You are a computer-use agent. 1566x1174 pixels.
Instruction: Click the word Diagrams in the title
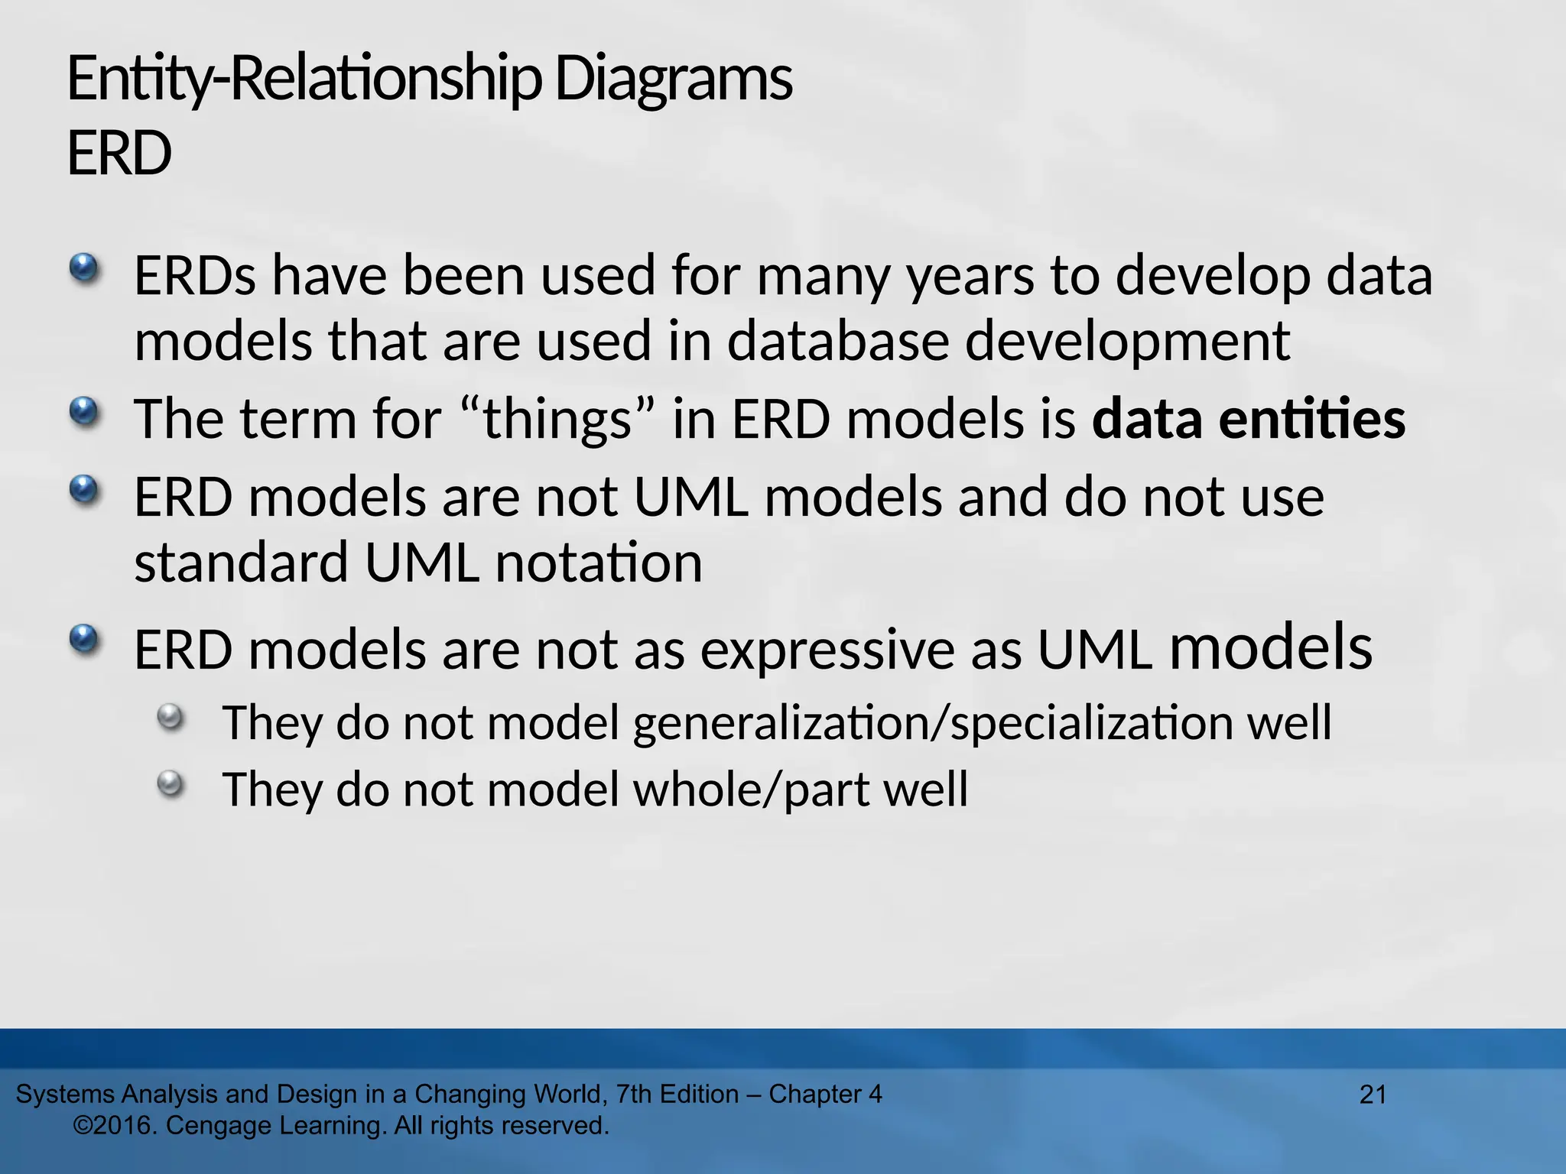(673, 80)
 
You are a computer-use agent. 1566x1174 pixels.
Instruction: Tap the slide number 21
(1373, 1095)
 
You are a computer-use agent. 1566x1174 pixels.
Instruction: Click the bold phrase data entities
(1248, 420)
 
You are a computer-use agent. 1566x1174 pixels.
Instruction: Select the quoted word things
(557, 420)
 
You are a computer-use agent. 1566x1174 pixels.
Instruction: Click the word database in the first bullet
(837, 341)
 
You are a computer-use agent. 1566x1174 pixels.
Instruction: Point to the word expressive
(827, 650)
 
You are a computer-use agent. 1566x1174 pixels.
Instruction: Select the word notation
(598, 563)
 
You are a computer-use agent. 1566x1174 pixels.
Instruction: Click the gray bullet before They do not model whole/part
(171, 783)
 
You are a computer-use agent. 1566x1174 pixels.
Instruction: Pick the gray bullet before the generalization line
(171, 717)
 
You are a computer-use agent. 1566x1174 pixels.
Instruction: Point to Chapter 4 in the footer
(825, 1095)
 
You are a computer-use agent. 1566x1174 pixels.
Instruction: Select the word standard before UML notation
(241, 563)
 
